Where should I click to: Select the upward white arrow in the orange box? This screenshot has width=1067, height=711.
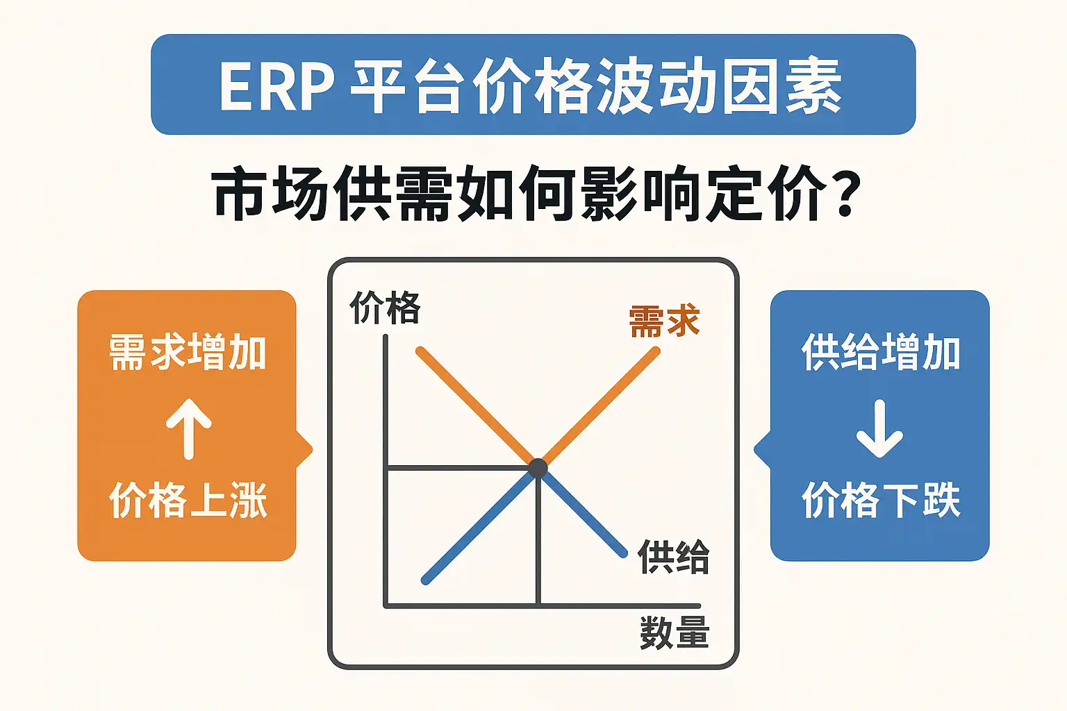(x=189, y=428)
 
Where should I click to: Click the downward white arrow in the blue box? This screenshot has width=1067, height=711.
(x=879, y=428)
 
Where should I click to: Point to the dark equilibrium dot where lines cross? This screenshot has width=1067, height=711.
(x=538, y=468)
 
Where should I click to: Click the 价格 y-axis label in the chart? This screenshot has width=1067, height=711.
(x=385, y=308)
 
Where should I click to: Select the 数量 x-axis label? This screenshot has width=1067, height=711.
(x=675, y=633)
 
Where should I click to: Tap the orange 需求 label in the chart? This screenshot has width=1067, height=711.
(x=665, y=321)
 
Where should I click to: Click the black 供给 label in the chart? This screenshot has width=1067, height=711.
(x=673, y=557)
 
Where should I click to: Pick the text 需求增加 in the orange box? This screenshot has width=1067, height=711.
(x=187, y=353)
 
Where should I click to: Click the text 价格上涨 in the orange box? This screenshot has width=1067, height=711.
(x=188, y=499)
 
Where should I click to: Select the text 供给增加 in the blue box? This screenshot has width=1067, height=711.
(x=881, y=353)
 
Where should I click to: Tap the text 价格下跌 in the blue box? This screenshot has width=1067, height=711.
(x=881, y=499)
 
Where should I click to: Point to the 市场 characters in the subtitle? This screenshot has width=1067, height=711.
(x=270, y=193)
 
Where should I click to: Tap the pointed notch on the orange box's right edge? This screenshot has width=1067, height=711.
(x=307, y=449)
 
